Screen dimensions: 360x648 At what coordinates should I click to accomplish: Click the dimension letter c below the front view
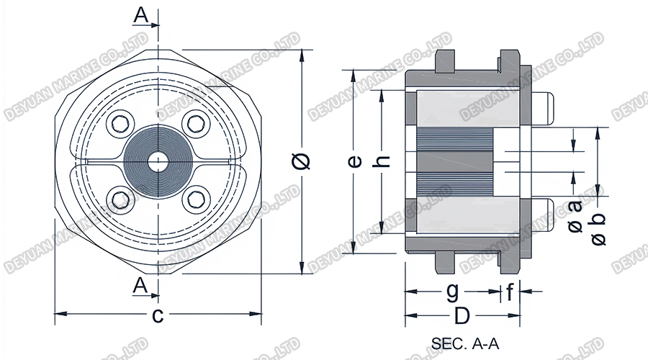[158, 315]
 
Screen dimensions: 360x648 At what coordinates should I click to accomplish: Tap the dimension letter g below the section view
[451, 292]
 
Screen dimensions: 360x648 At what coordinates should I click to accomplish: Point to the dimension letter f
[510, 292]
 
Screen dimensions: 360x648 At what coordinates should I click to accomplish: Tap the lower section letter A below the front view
[140, 286]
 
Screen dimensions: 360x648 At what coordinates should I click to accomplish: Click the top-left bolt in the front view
[120, 123]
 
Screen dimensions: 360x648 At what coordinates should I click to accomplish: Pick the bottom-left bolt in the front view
[120, 198]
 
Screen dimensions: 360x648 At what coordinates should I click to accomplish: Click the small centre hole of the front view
[157, 161]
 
